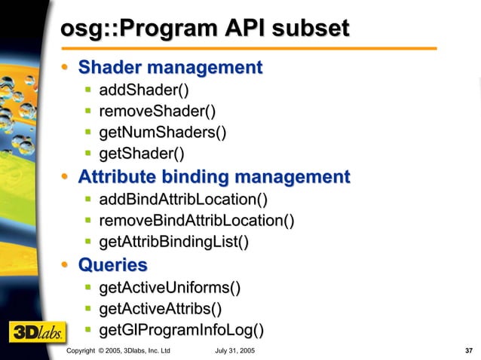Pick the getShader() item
point(142,154)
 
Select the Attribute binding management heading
point(214,178)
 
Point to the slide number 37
point(468,351)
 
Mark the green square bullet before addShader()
point(88,91)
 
